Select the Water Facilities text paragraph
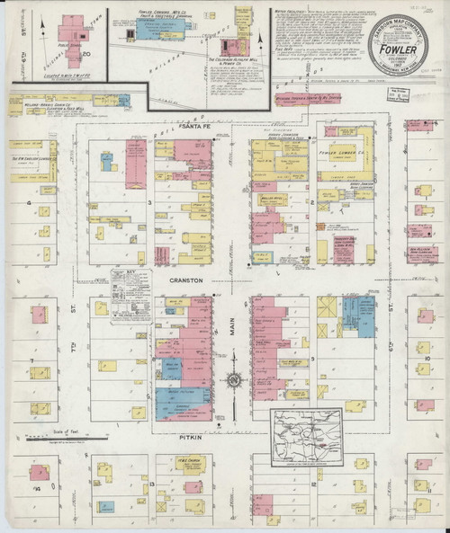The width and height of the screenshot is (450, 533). pyautogui.click(x=315, y=36)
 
